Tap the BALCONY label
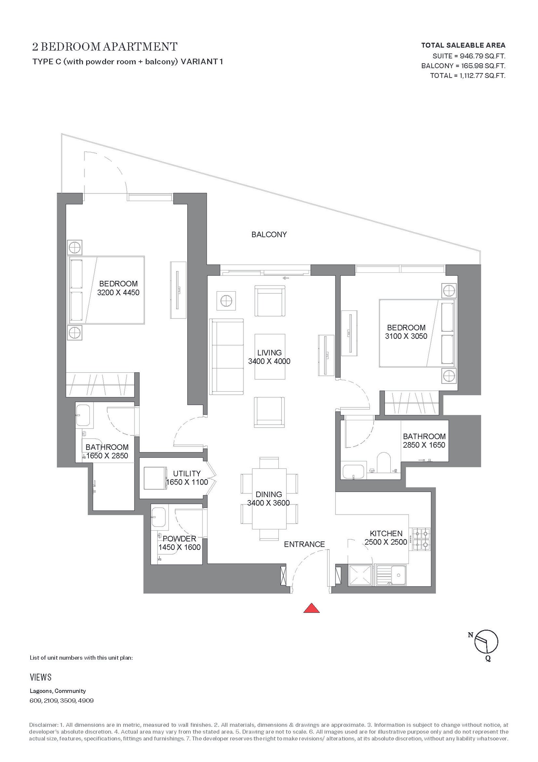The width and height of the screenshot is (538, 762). click(269, 234)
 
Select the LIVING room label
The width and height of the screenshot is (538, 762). click(269, 353)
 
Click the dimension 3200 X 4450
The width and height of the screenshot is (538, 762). click(118, 293)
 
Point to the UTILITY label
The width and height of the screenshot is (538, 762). click(187, 473)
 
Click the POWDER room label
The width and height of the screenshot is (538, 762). click(179, 539)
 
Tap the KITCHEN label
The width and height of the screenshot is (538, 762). click(386, 533)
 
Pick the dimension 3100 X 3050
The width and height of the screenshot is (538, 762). click(406, 336)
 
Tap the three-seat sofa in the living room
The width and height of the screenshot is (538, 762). click(227, 357)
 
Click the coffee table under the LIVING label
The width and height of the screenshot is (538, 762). click(270, 357)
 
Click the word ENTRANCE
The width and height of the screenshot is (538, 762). click(304, 544)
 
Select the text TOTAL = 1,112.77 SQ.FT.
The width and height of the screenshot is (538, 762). click(468, 75)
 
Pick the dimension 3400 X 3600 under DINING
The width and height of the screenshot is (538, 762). click(268, 503)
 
